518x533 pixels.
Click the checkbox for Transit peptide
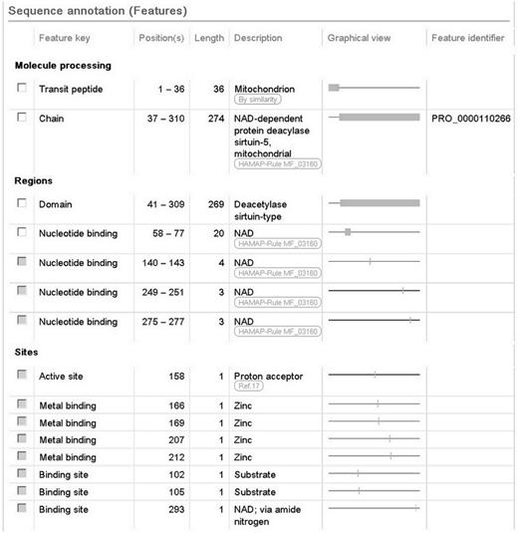coord(22,89)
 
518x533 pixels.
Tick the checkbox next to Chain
coord(22,118)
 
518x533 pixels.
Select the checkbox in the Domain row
coord(22,203)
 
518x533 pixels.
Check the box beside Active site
coord(22,375)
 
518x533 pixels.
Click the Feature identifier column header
coord(469,38)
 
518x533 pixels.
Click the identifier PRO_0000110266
coord(471,118)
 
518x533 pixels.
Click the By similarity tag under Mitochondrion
coord(257,101)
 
